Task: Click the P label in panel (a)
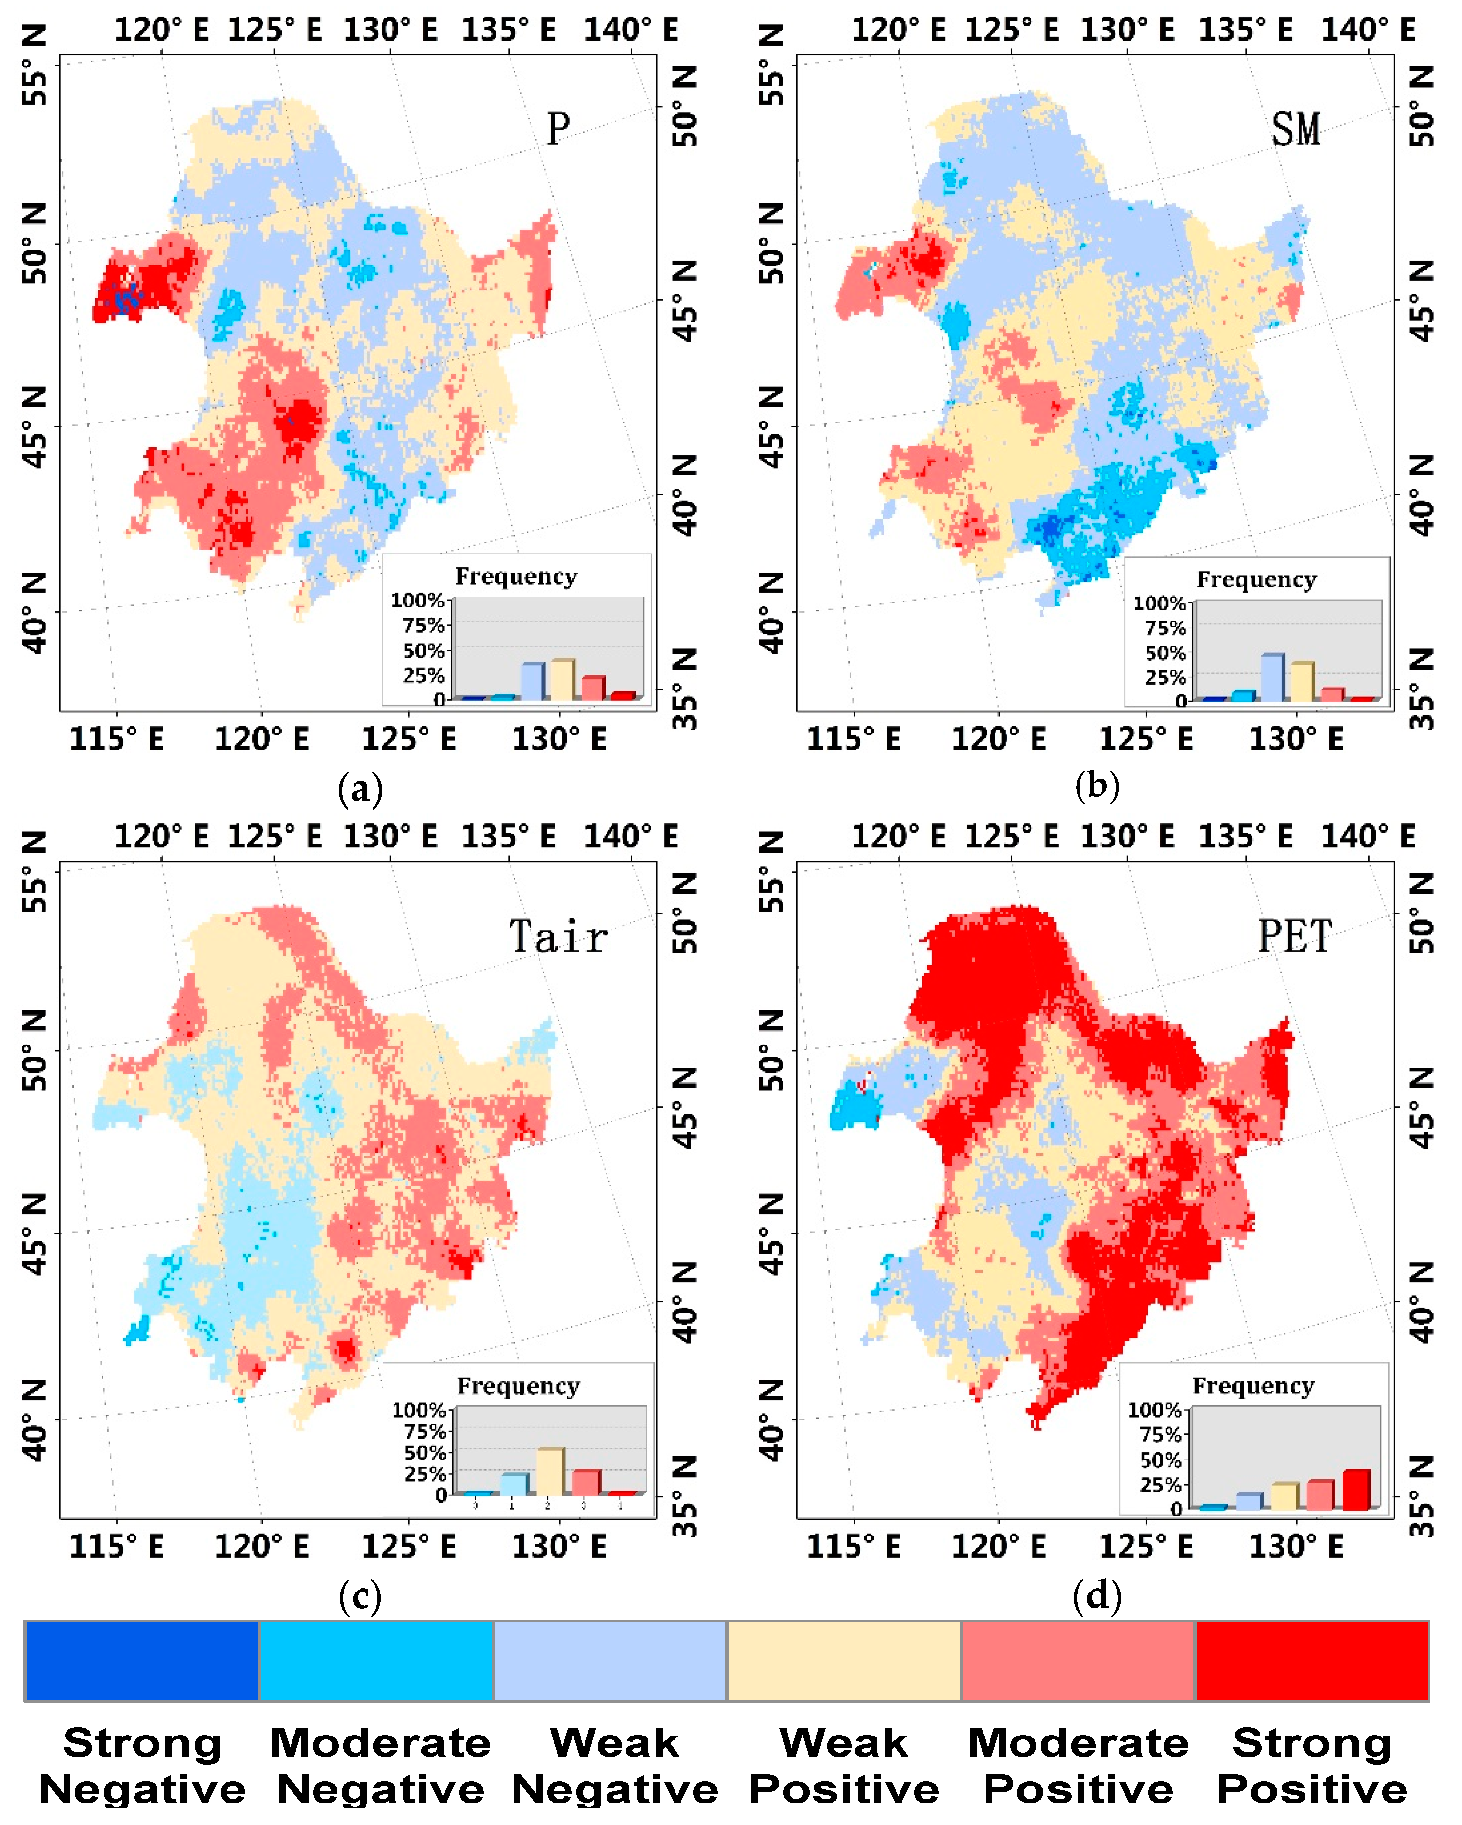pos(558,130)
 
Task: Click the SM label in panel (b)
pos(1295,130)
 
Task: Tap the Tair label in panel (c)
pos(558,937)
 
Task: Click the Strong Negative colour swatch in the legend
pos(141,1661)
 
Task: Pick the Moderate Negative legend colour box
pos(376,1661)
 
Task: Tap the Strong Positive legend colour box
pos(1311,1661)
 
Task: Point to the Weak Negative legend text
pos(615,1765)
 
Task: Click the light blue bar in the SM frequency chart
pos(1272,677)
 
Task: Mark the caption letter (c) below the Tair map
pos(360,1597)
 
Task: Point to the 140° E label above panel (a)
pos(630,30)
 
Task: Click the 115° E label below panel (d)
pos(854,1547)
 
